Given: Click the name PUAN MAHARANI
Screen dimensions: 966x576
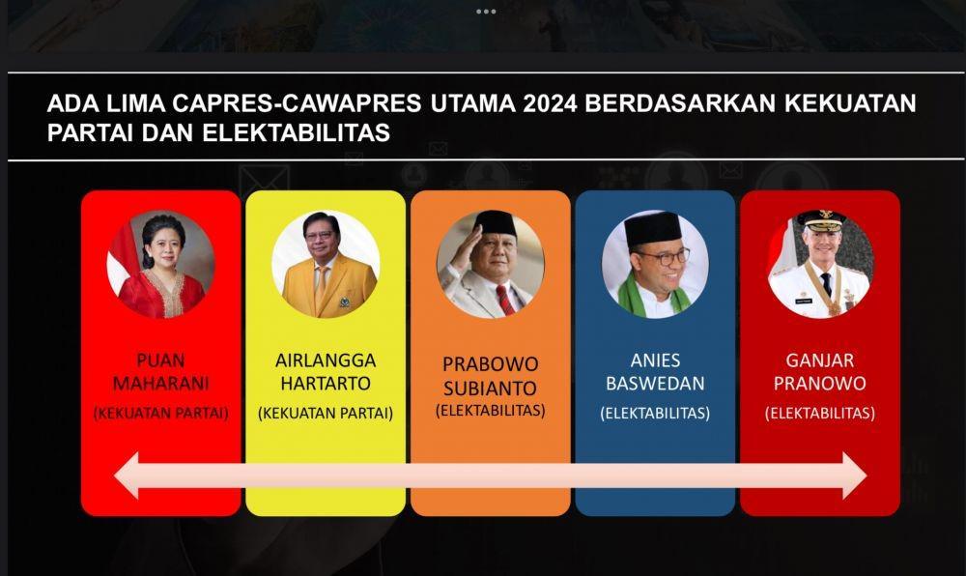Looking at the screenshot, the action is click(x=160, y=371).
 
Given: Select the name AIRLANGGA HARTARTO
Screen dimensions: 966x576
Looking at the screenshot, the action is click(x=326, y=371).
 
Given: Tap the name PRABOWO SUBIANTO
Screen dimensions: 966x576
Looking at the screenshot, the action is click(x=491, y=376).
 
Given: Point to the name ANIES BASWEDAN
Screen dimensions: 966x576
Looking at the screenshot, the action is click(x=655, y=371).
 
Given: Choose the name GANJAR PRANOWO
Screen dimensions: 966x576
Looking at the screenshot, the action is click(x=820, y=371).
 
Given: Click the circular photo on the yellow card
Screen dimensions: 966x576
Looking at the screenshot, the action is click(x=326, y=264).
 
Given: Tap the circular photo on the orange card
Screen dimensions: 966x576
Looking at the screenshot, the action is click(x=491, y=264).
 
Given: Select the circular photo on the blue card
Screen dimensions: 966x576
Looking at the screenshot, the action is click(x=655, y=264).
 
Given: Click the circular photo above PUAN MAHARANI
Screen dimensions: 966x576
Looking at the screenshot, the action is click(x=160, y=264).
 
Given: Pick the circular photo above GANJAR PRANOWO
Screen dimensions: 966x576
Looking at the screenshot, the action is click(x=820, y=264).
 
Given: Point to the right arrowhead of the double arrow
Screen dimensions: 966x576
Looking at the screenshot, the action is click(x=855, y=475).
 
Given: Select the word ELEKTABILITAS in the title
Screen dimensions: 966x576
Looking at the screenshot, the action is click(x=297, y=133).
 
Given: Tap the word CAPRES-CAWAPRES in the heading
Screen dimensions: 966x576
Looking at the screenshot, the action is click(x=297, y=103).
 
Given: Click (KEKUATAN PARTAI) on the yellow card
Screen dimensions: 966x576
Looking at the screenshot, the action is click(x=326, y=413).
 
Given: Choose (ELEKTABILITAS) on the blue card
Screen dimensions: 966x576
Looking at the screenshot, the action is click(x=655, y=413).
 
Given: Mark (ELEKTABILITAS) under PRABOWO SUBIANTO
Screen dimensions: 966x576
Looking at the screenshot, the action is click(x=491, y=411).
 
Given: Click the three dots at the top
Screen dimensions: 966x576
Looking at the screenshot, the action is click(x=486, y=12).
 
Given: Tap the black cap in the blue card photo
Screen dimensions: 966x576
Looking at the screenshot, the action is click(x=653, y=229).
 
